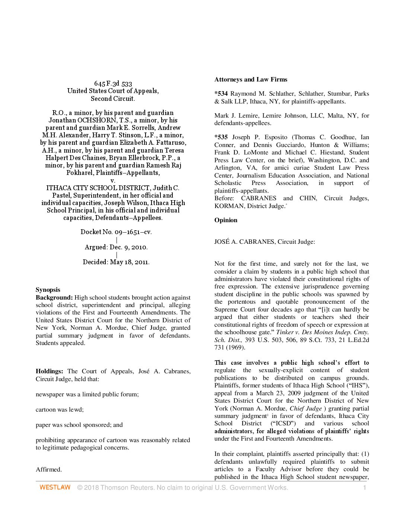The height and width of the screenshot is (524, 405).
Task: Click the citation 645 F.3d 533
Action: [113, 83]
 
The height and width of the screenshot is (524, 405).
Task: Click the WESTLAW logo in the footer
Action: [55, 487]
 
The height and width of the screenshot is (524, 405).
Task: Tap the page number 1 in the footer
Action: [365, 488]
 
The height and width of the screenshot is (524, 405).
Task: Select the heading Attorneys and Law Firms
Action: [251, 79]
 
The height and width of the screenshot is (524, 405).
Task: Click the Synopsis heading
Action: [48, 290]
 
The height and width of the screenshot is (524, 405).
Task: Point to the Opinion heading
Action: [226, 220]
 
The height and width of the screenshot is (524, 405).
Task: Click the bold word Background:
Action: [54, 297]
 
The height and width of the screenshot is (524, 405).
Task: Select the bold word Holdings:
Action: [49, 371]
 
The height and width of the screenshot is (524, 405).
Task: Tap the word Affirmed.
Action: [49, 469]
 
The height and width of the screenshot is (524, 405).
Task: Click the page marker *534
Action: [221, 93]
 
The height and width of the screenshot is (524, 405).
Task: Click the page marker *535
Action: [221, 137]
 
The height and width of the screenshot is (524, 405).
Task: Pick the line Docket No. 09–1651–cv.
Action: [116, 232]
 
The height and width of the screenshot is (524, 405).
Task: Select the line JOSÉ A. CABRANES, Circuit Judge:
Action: [264, 242]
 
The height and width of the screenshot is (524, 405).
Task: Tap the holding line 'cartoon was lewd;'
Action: [60, 409]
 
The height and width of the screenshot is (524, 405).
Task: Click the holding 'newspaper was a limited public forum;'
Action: [87, 394]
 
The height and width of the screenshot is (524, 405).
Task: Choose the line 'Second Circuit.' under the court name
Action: [113, 99]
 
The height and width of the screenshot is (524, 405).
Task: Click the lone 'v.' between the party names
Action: [113, 180]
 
